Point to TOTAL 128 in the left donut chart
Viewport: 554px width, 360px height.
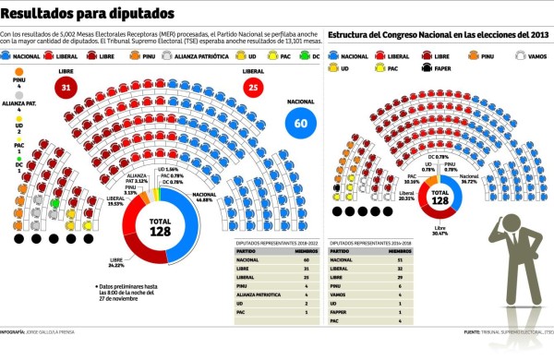[161, 226]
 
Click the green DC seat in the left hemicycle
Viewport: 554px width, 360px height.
[55, 203]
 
